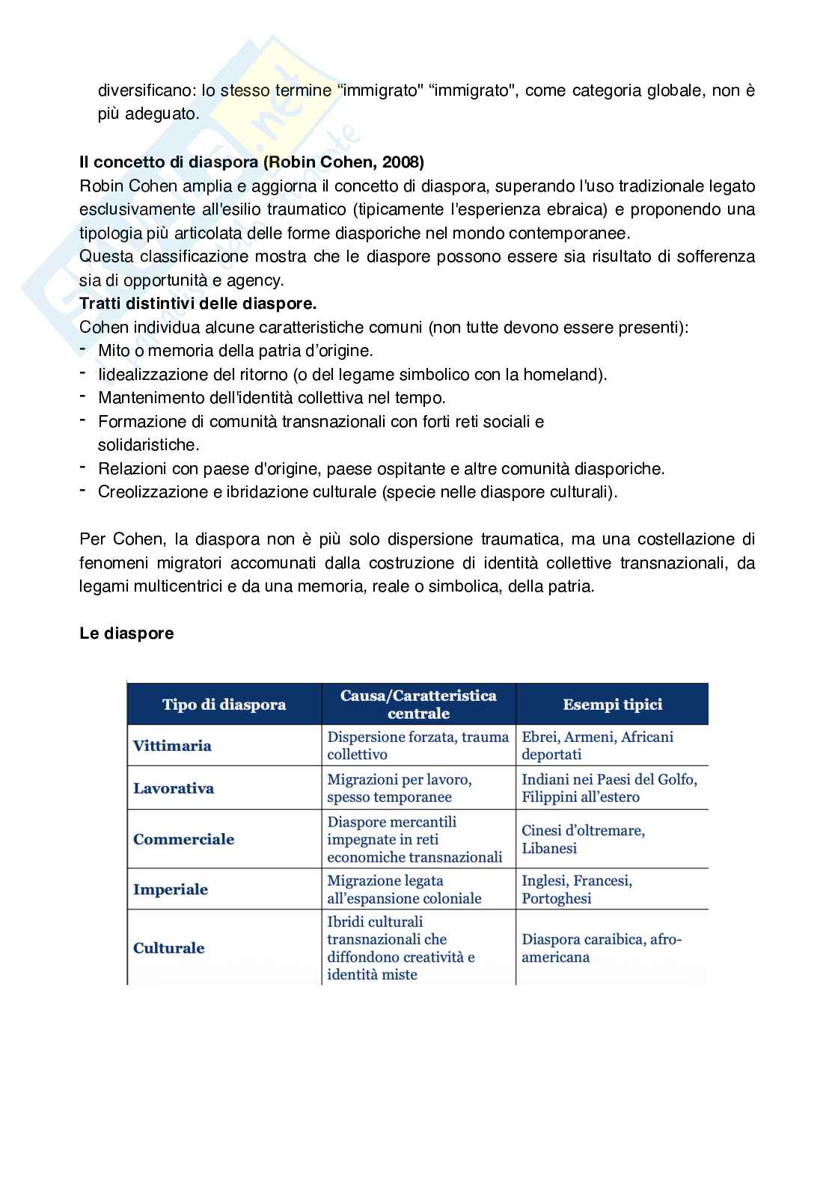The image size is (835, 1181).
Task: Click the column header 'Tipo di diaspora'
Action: (x=224, y=705)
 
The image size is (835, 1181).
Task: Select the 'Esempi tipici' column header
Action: (x=612, y=705)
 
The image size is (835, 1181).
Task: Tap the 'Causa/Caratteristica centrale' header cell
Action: (x=418, y=704)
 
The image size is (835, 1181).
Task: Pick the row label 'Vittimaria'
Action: (x=172, y=746)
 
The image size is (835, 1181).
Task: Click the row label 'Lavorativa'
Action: (x=174, y=788)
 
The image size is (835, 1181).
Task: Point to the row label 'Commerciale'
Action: (x=183, y=839)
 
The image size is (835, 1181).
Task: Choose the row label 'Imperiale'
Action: (x=171, y=889)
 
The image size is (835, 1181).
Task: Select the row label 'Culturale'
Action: (x=168, y=948)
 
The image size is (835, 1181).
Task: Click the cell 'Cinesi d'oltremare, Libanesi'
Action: (x=583, y=839)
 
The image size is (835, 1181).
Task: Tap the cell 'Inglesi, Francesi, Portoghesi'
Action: (x=576, y=889)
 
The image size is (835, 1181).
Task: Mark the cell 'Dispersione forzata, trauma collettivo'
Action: (x=417, y=746)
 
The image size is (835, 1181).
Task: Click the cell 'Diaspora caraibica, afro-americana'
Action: (x=602, y=948)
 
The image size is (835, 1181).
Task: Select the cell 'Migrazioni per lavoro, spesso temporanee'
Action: (x=399, y=788)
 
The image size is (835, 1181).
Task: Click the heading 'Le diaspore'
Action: (x=126, y=634)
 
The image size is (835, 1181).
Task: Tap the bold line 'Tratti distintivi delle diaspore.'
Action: (x=198, y=304)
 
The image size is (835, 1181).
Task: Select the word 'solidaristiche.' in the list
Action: (x=138, y=445)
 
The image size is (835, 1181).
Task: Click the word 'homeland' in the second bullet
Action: (x=567, y=374)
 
